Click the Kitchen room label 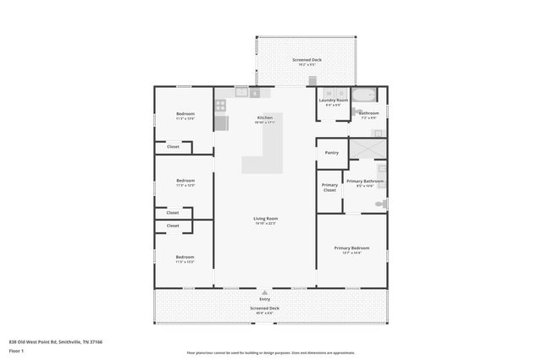pos(265,117)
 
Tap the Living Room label pos(266,219)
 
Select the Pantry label pos(332,152)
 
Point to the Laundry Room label pos(333,101)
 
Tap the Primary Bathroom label pos(365,181)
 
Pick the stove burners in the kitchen pos(221,106)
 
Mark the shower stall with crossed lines pos(369,150)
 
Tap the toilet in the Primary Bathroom pos(382,204)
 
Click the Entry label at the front pos(265,299)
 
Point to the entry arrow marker pos(265,292)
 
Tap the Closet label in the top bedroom pos(173,147)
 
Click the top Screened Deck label pos(306,60)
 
